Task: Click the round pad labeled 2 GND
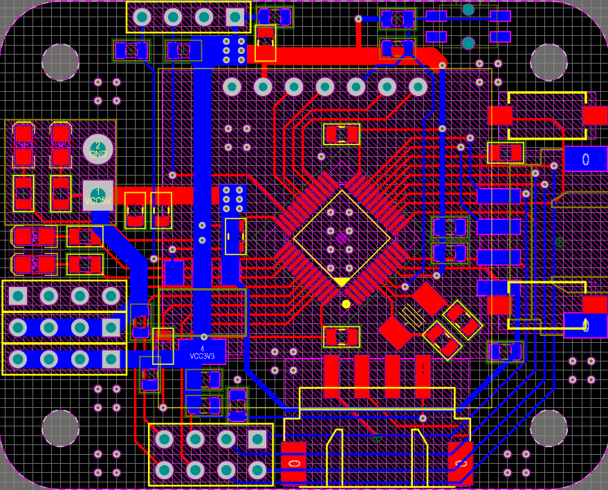[x=98, y=149]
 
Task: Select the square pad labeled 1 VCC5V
[x=98, y=195]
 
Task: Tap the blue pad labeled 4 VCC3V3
[x=202, y=352]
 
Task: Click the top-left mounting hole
[x=60, y=62]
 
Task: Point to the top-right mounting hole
[x=549, y=62]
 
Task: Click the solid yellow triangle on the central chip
[x=341, y=282]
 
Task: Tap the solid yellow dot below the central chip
[x=346, y=303]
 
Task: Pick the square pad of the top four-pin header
[x=235, y=17]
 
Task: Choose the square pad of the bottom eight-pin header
[x=257, y=439]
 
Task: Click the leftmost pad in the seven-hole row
[x=232, y=86]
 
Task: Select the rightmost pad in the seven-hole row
[x=418, y=86]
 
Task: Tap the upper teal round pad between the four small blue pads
[x=468, y=10]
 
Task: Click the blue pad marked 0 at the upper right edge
[x=585, y=159]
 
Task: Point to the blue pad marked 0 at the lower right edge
[x=585, y=324]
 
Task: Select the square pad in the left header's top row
[x=18, y=296]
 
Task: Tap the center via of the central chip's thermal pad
[x=341, y=238]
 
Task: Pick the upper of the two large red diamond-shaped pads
[x=429, y=299]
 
